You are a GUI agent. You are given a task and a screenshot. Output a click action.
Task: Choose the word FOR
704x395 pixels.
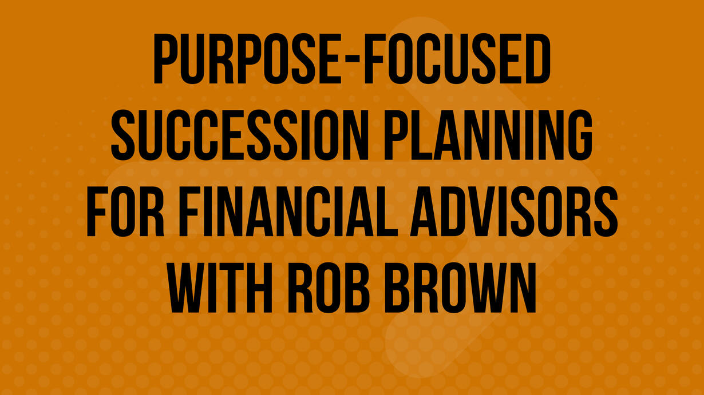[125, 212]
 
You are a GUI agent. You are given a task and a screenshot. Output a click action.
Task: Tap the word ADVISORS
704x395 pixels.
[514, 212]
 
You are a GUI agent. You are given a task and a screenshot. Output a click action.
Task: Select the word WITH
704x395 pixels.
[220, 288]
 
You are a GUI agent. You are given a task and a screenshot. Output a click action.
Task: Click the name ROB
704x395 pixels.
[329, 288]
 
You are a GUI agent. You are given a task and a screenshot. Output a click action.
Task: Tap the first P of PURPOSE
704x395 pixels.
[168, 59]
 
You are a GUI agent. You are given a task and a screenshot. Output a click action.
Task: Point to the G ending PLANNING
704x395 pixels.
[578, 135]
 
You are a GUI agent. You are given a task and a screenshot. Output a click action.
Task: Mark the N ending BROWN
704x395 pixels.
[520, 288]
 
